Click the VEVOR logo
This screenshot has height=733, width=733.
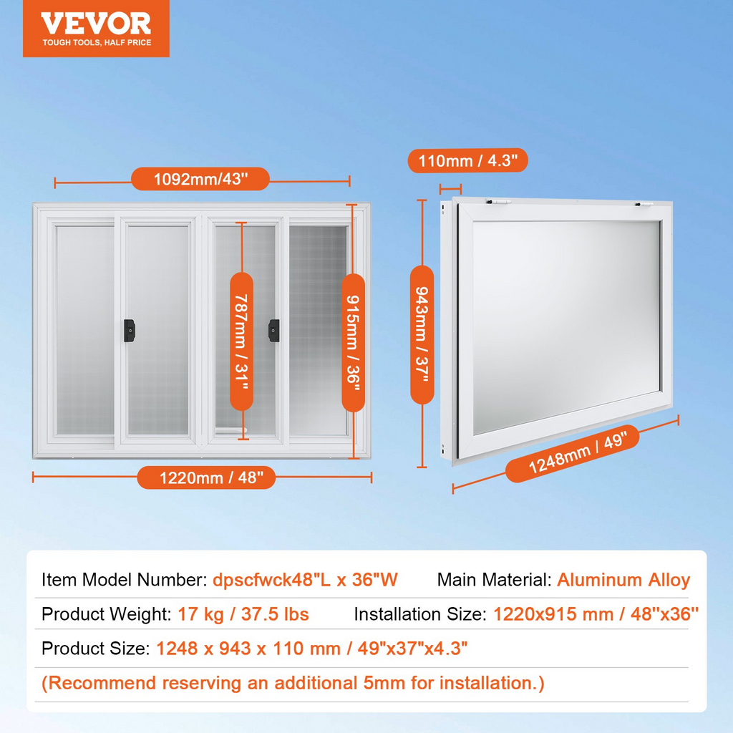click(96, 29)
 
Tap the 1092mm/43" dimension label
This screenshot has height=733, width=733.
click(200, 179)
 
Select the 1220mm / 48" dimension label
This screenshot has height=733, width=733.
click(207, 477)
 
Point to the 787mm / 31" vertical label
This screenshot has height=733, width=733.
click(242, 341)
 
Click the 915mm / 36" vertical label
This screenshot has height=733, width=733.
click(354, 343)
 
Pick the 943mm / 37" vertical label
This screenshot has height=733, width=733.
click(422, 335)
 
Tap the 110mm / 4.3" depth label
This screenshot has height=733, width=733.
click(468, 161)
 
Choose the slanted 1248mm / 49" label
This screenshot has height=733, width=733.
click(572, 453)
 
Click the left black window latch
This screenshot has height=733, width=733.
click(130, 331)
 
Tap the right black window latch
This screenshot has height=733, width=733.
click(274, 331)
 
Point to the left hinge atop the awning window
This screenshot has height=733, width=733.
click(498, 202)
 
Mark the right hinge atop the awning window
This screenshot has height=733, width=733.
click(644, 204)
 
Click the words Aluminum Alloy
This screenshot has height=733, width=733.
click(623, 580)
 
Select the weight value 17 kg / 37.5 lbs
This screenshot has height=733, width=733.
click(243, 614)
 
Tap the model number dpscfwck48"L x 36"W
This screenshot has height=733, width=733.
click(305, 580)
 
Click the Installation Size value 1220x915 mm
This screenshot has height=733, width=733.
click(553, 614)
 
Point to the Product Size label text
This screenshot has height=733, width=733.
click(95, 649)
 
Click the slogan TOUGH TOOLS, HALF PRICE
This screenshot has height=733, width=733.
click(97, 42)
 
